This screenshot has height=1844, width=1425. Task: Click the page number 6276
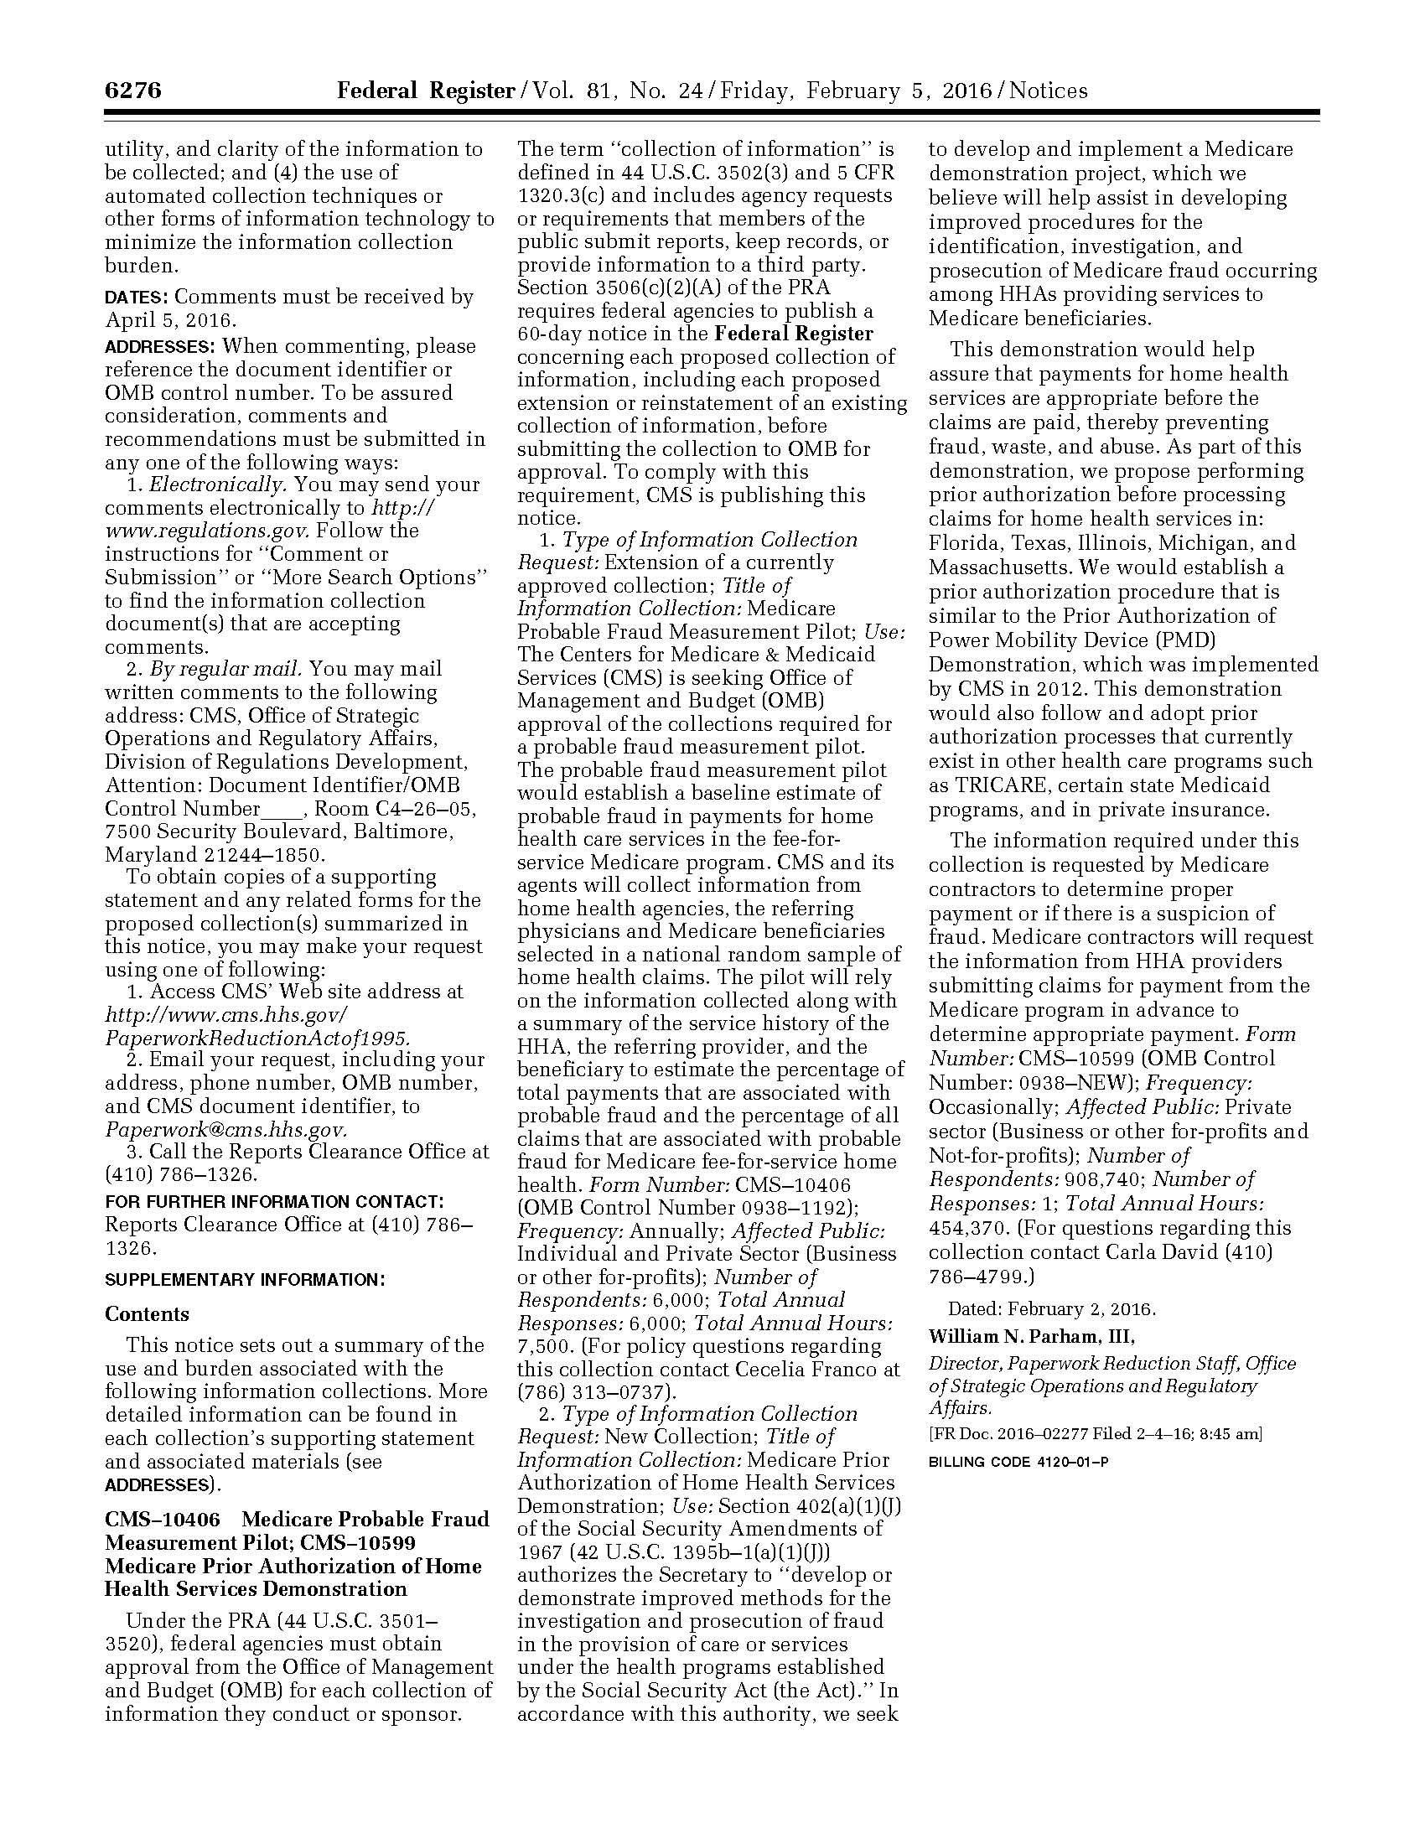pos(133,91)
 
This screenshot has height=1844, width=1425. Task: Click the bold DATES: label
pos(136,298)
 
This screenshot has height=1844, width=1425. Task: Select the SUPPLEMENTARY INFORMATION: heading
pos(245,1280)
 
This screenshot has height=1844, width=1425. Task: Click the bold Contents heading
pos(147,1314)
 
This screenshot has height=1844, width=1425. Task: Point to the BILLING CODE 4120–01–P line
pos(1018,1462)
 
